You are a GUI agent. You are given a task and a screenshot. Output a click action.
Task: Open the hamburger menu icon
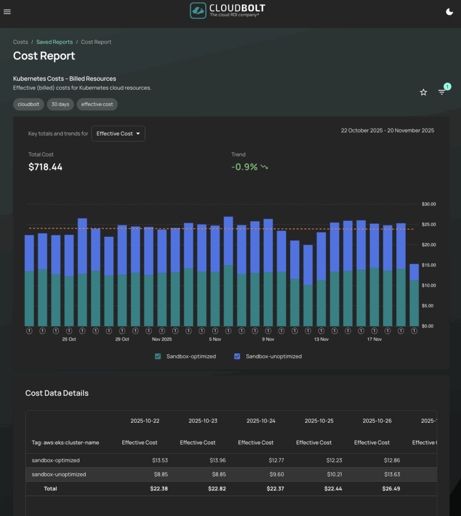(7, 12)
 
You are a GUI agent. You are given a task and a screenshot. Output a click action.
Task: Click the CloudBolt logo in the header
(227, 11)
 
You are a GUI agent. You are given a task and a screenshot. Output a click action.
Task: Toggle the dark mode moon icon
(449, 12)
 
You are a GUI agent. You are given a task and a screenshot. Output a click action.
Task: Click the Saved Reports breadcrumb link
(54, 42)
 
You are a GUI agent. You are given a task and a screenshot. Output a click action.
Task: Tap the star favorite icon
(423, 92)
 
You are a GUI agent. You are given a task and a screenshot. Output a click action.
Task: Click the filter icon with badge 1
(442, 92)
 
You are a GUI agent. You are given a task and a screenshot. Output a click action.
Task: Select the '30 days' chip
(60, 104)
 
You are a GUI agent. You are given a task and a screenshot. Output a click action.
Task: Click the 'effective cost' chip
(97, 104)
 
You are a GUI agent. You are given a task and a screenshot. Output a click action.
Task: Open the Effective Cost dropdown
(118, 134)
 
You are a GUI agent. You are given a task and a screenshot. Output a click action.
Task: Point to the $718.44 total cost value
(45, 167)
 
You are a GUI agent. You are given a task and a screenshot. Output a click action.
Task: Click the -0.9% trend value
(244, 167)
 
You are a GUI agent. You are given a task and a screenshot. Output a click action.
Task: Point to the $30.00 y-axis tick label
(429, 204)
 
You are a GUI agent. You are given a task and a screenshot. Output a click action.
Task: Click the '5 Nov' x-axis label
(215, 339)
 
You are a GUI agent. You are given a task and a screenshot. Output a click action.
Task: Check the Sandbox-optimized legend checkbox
(158, 356)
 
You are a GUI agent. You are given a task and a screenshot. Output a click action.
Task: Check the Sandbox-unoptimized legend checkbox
(237, 356)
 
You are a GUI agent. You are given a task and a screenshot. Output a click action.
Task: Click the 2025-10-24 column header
(260, 421)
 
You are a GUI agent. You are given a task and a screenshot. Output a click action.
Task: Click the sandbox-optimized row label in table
(55, 460)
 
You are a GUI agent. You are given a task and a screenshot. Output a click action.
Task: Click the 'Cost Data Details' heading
(57, 393)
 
